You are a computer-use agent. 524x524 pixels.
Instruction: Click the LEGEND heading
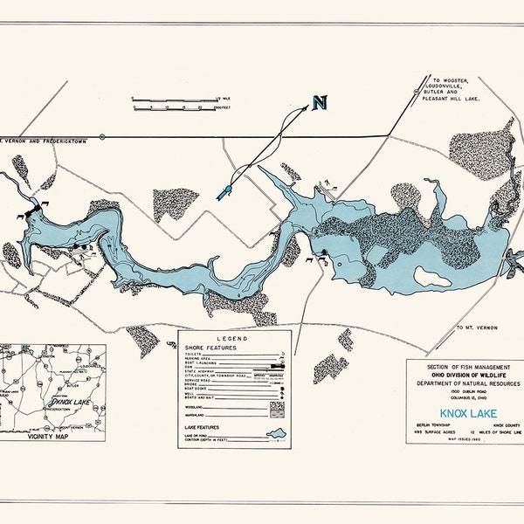(235, 337)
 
